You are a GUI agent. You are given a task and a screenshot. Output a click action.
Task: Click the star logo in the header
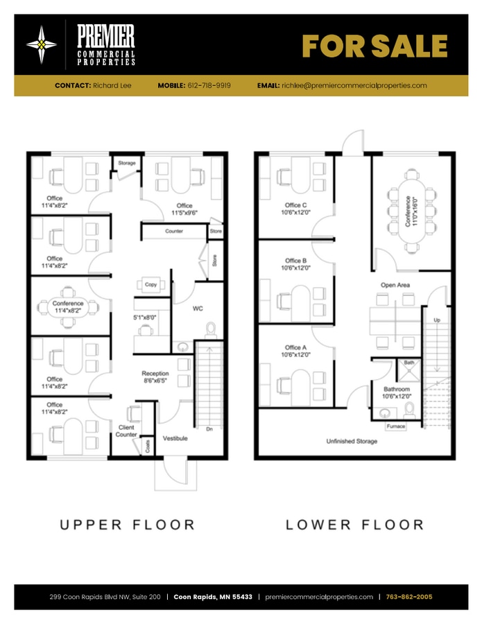(42, 44)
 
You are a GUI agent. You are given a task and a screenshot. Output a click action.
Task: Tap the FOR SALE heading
(375, 45)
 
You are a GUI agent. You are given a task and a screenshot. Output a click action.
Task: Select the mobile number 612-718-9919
(209, 85)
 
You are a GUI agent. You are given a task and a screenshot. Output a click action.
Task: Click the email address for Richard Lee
(354, 85)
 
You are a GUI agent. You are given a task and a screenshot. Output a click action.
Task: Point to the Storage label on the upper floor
(126, 163)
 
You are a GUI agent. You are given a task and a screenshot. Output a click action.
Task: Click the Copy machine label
(150, 284)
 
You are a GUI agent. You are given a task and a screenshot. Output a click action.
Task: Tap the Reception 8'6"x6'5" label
(155, 377)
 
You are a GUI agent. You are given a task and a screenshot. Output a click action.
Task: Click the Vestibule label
(175, 438)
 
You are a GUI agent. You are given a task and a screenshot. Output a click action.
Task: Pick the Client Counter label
(126, 431)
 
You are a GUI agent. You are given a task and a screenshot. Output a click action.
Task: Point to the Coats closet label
(146, 447)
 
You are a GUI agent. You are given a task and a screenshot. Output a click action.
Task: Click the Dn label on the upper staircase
(210, 430)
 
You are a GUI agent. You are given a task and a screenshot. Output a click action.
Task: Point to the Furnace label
(396, 426)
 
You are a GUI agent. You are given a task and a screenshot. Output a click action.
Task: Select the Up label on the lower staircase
(436, 320)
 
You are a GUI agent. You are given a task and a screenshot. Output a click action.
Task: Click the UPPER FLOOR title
(127, 524)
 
